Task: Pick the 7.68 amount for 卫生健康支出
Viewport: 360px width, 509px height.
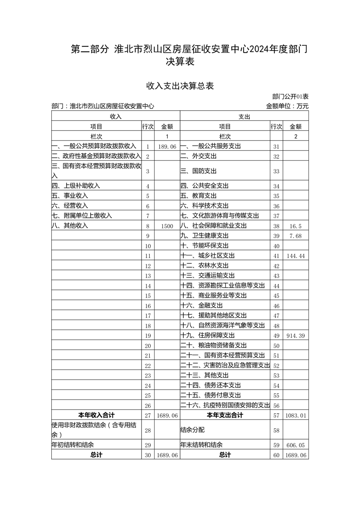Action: pyautogui.click(x=296, y=236)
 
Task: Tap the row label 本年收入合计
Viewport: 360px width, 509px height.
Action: pyautogui.click(x=97, y=415)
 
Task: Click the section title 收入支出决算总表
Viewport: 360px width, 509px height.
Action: pyautogui.click(x=180, y=86)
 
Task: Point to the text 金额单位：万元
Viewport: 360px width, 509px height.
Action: pyautogui.click(x=287, y=106)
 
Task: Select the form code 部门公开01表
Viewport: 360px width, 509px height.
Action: pyautogui.click(x=290, y=97)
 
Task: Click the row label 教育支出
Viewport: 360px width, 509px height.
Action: pyautogui.click(x=198, y=196)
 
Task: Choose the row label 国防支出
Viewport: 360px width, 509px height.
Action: pyautogui.click(x=198, y=171)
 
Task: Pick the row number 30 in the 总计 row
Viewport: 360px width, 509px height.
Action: pyautogui.click(x=147, y=455)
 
